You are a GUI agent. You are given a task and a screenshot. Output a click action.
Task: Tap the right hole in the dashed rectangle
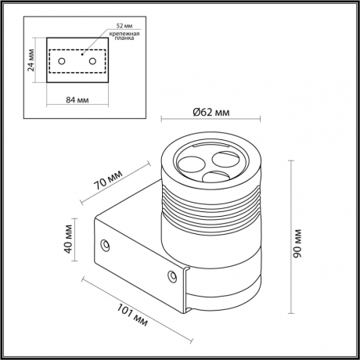pos(92,61)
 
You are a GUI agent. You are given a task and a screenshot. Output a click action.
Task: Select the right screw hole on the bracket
pos(173,275)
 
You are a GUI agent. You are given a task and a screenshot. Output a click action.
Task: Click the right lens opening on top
pos(225,160)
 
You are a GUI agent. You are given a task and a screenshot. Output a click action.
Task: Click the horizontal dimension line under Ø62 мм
pos(214,121)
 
